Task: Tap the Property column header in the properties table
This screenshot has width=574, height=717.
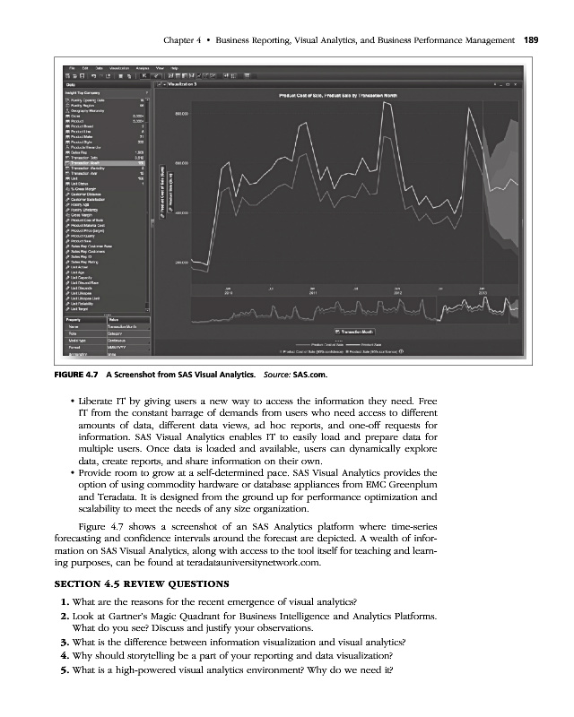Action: tap(75, 319)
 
